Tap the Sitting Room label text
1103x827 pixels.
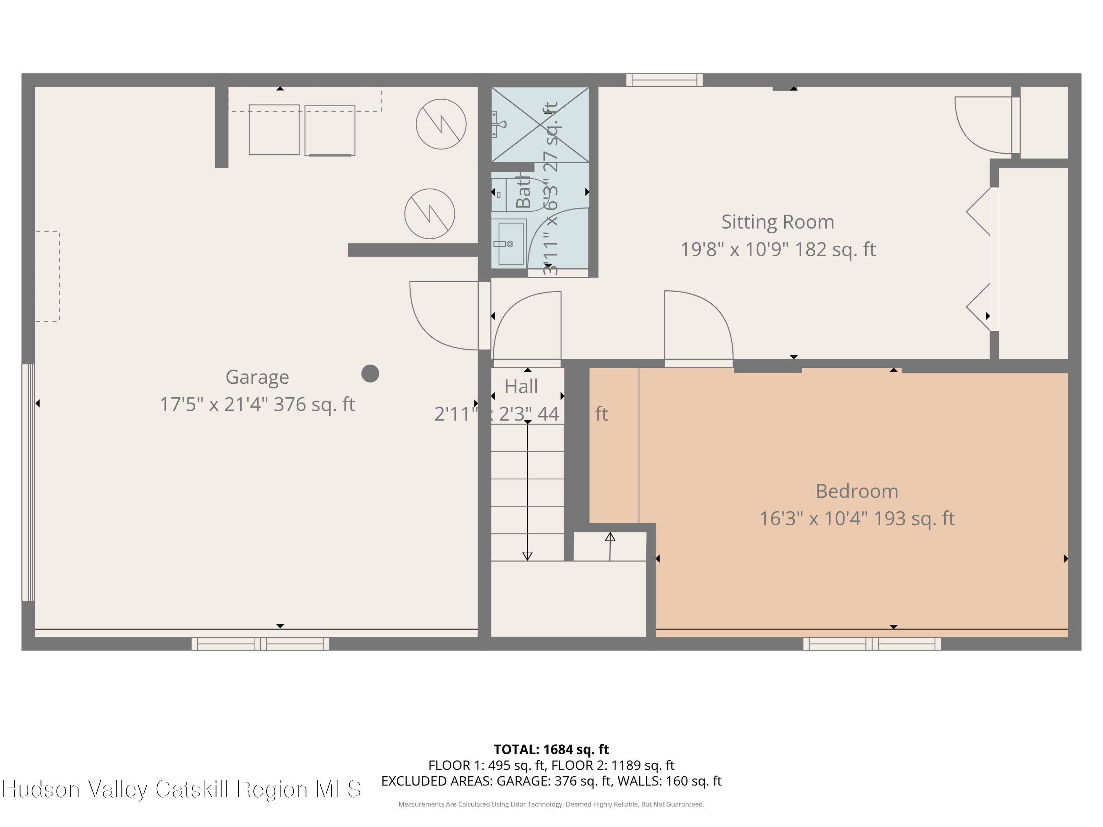777,222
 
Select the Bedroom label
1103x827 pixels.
857,491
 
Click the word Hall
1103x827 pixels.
521,386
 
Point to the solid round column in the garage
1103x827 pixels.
370,373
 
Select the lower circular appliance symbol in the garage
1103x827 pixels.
429,214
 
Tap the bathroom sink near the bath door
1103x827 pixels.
510,244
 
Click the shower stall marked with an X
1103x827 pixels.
540,125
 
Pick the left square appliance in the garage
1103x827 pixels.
274,130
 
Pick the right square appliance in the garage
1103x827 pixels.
329,130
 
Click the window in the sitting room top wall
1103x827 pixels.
664,80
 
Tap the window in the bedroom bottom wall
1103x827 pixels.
872,644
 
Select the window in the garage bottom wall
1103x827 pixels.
260,644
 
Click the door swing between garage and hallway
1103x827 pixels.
441,316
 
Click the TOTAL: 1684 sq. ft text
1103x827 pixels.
551,749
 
